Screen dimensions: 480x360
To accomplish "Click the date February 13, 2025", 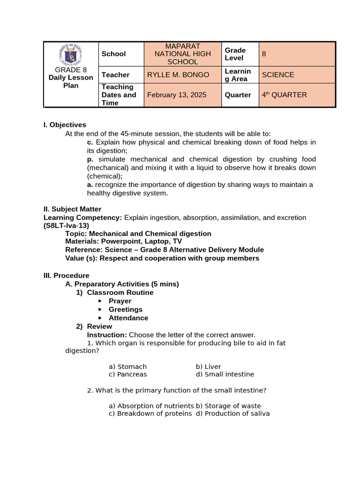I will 177,95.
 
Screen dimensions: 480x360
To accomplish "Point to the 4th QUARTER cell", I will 284,95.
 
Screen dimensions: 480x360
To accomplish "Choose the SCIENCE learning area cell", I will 278,75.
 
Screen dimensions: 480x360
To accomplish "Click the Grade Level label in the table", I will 235,54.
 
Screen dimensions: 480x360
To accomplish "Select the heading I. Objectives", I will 65,125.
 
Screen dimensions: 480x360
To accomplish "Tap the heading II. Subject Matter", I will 72,209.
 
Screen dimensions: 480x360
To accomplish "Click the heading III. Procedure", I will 66,276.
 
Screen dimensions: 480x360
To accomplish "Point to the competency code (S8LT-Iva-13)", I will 66,225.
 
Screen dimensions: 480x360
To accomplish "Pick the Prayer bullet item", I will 120,301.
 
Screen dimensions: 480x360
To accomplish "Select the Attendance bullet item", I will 128,318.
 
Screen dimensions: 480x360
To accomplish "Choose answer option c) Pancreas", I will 127,374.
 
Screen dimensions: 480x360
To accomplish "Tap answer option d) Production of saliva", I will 232,413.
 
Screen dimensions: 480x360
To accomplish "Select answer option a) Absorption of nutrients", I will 151,406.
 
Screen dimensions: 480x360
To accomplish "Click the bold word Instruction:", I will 107,335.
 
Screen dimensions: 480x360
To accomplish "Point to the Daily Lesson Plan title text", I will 71,82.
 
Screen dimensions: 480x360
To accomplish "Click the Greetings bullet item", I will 126,309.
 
